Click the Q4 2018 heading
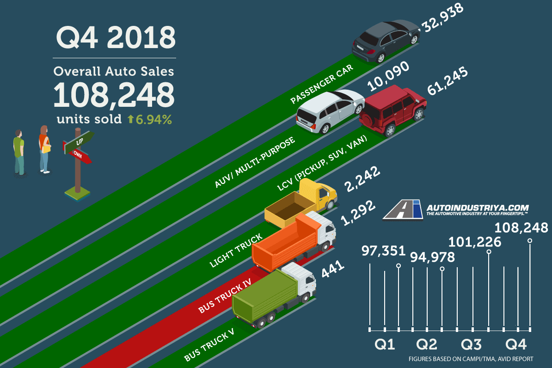(x=116, y=38)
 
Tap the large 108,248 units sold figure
(x=114, y=95)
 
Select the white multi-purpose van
(x=329, y=111)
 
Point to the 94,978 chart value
(x=433, y=257)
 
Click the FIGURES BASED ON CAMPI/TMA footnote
(x=471, y=359)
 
